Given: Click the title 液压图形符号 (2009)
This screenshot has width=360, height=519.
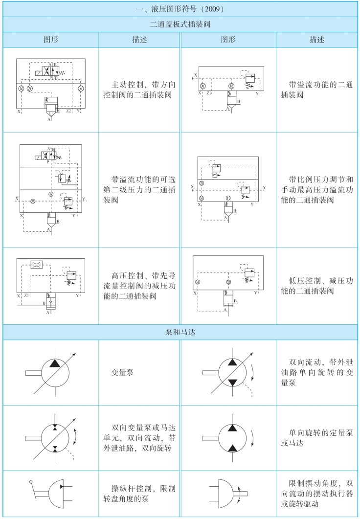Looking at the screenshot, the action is coord(180,9).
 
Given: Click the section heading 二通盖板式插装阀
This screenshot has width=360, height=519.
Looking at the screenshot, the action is coord(180,23).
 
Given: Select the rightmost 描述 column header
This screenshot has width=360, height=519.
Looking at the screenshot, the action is coord(317,39).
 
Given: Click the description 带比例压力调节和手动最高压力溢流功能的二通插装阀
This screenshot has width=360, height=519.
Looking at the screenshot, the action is coord(317,188).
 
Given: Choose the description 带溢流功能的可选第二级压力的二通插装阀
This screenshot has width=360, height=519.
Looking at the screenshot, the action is coord(140,188).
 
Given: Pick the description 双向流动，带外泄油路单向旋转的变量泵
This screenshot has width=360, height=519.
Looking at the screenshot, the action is coord(317,372).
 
